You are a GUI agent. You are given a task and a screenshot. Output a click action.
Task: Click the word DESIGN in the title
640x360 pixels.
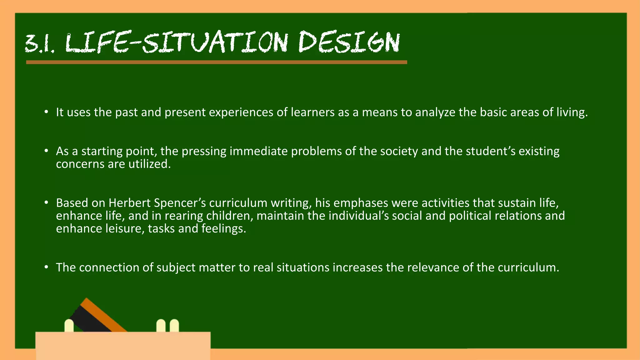coord(349,42)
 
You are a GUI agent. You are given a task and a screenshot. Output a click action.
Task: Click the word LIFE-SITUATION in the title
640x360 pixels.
coord(177,42)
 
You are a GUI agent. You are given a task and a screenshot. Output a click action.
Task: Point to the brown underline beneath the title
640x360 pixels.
coord(216,62)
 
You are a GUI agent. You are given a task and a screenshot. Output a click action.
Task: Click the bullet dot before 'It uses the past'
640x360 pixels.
coord(46,112)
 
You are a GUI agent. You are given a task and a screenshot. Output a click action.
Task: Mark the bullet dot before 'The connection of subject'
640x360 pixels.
coord(46,267)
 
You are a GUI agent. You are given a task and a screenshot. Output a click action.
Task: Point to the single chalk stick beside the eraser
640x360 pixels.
coord(69,326)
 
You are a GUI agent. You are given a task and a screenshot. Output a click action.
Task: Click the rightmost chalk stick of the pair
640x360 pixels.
coord(174,326)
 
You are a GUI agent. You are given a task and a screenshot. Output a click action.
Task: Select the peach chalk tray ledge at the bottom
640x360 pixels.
coord(123,345)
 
